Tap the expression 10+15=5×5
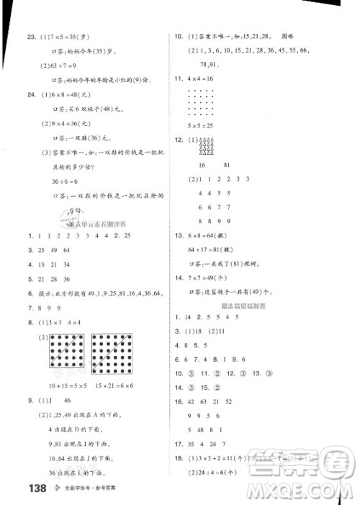coord(66,365)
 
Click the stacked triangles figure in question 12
coord(204,145)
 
